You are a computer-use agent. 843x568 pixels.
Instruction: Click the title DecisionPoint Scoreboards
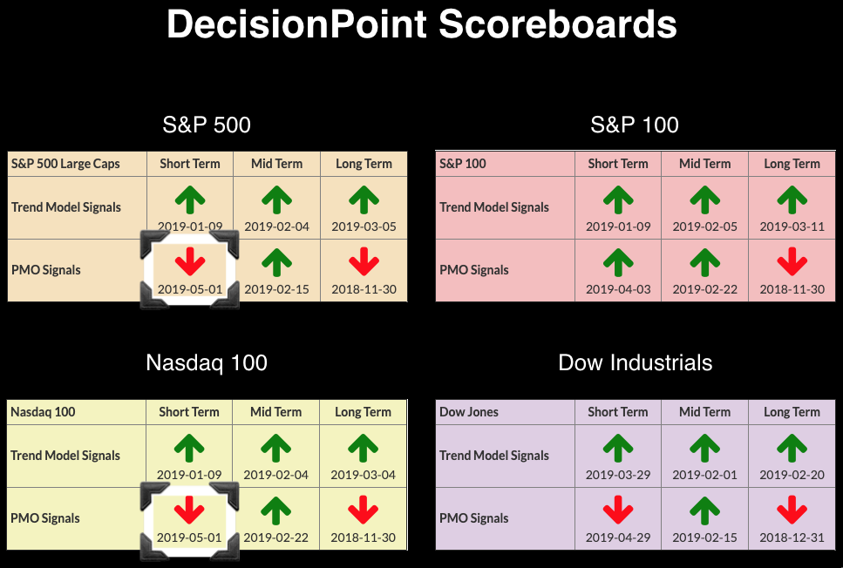pos(422,24)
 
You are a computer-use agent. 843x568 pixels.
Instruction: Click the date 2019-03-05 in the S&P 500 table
pos(364,227)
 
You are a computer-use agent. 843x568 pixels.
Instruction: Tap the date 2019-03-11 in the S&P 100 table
pos(792,227)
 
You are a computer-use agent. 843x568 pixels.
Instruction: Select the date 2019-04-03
pos(618,289)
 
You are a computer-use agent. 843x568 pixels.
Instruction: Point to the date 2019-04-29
pos(618,538)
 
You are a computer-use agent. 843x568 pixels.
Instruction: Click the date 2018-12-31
pos(792,538)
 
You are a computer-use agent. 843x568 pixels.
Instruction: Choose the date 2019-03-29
pos(618,475)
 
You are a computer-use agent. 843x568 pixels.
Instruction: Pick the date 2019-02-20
pos(792,475)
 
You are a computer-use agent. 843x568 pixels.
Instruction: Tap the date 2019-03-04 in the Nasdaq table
pos(363,475)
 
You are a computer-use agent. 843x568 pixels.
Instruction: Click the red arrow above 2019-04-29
pos(618,510)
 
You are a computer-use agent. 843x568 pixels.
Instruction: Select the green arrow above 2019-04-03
pos(618,261)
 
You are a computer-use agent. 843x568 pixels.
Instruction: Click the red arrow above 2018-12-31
pos(792,510)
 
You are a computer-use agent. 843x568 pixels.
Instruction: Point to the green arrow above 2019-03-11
pos(792,199)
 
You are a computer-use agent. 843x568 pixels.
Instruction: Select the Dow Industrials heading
pos(635,362)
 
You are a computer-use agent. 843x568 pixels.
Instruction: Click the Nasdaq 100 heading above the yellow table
pos(207,362)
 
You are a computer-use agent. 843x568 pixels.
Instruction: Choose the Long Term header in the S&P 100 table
pos(792,164)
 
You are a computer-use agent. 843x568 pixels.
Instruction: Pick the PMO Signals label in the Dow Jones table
pos(473,518)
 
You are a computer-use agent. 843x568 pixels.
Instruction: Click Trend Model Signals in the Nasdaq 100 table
pos(65,456)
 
